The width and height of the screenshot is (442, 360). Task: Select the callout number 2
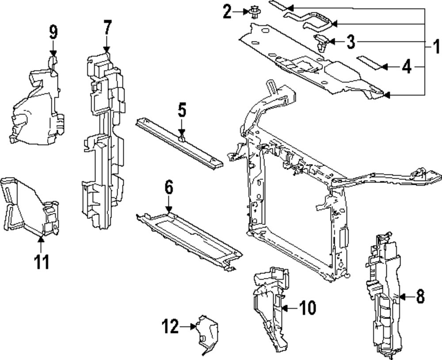pyautogui.click(x=227, y=11)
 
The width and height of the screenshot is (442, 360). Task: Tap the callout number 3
pyautogui.click(x=350, y=42)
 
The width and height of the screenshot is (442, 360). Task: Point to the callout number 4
pyautogui.click(x=407, y=67)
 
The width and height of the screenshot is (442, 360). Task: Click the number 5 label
pyautogui.click(x=182, y=110)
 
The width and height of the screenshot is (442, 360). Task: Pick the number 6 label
pyautogui.click(x=168, y=188)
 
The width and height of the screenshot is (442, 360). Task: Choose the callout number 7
pyautogui.click(x=107, y=28)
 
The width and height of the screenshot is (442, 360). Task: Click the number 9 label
pyautogui.click(x=53, y=32)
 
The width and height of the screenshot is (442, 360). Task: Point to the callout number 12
pyautogui.click(x=170, y=327)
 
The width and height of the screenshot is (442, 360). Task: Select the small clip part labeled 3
pyautogui.click(x=320, y=42)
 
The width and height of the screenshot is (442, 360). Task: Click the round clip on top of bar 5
pyautogui.click(x=182, y=139)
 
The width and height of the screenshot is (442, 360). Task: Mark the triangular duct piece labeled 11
pyautogui.click(x=29, y=205)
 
